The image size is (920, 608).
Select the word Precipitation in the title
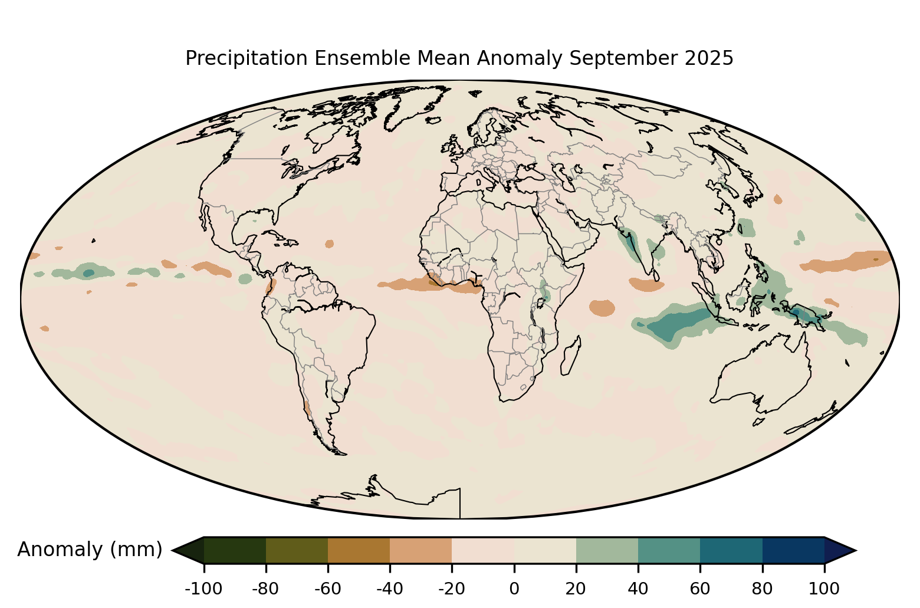click(x=247, y=58)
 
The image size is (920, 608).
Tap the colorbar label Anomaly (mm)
click(x=90, y=550)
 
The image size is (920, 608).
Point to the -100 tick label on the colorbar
click(x=203, y=588)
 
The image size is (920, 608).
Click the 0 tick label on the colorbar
click(x=514, y=588)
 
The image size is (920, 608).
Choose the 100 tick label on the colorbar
click(x=824, y=588)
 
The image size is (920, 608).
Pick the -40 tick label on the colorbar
click(x=390, y=588)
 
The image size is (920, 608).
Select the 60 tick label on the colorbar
click(x=700, y=588)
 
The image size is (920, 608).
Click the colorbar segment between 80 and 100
click(x=793, y=550)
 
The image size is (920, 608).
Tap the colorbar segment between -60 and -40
click(x=359, y=550)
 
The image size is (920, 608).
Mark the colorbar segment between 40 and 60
click(x=669, y=550)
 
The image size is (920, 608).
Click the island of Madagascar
click(x=570, y=356)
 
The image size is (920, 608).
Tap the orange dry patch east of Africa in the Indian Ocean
click(x=602, y=307)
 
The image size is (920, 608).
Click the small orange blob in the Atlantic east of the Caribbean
click(x=329, y=244)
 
